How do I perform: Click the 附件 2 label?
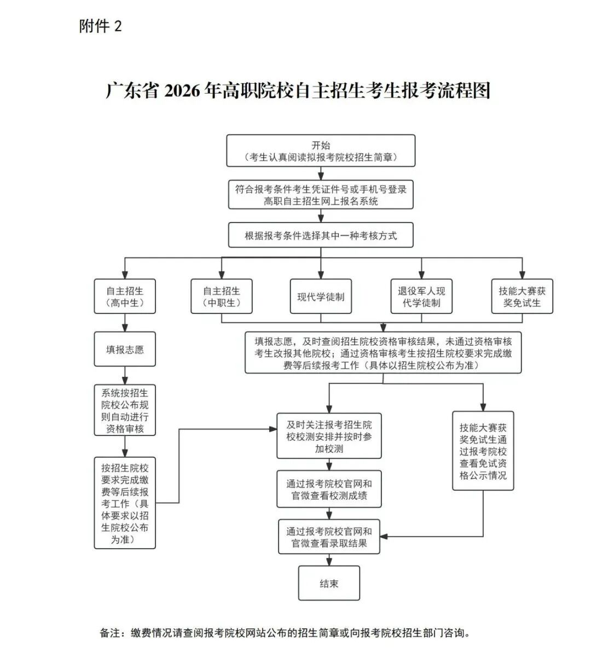click(x=101, y=26)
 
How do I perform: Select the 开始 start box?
click(x=321, y=151)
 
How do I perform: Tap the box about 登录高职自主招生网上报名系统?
click(x=321, y=195)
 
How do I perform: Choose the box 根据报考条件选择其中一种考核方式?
click(x=321, y=236)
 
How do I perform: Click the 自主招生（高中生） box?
click(x=125, y=296)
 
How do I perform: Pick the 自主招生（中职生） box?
click(x=222, y=296)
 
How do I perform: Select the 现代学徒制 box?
click(x=321, y=296)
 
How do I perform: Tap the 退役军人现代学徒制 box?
click(x=421, y=296)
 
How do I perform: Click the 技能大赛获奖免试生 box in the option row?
click(x=522, y=296)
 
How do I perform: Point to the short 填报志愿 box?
click(x=125, y=350)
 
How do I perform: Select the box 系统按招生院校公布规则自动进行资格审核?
click(x=125, y=410)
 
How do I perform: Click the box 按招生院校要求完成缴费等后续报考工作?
click(x=125, y=503)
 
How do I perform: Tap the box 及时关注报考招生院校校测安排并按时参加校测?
click(x=329, y=436)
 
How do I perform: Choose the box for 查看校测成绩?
click(x=329, y=490)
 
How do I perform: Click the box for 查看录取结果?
click(x=329, y=537)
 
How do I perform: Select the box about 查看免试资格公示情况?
click(x=483, y=451)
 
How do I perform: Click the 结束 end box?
click(x=329, y=584)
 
